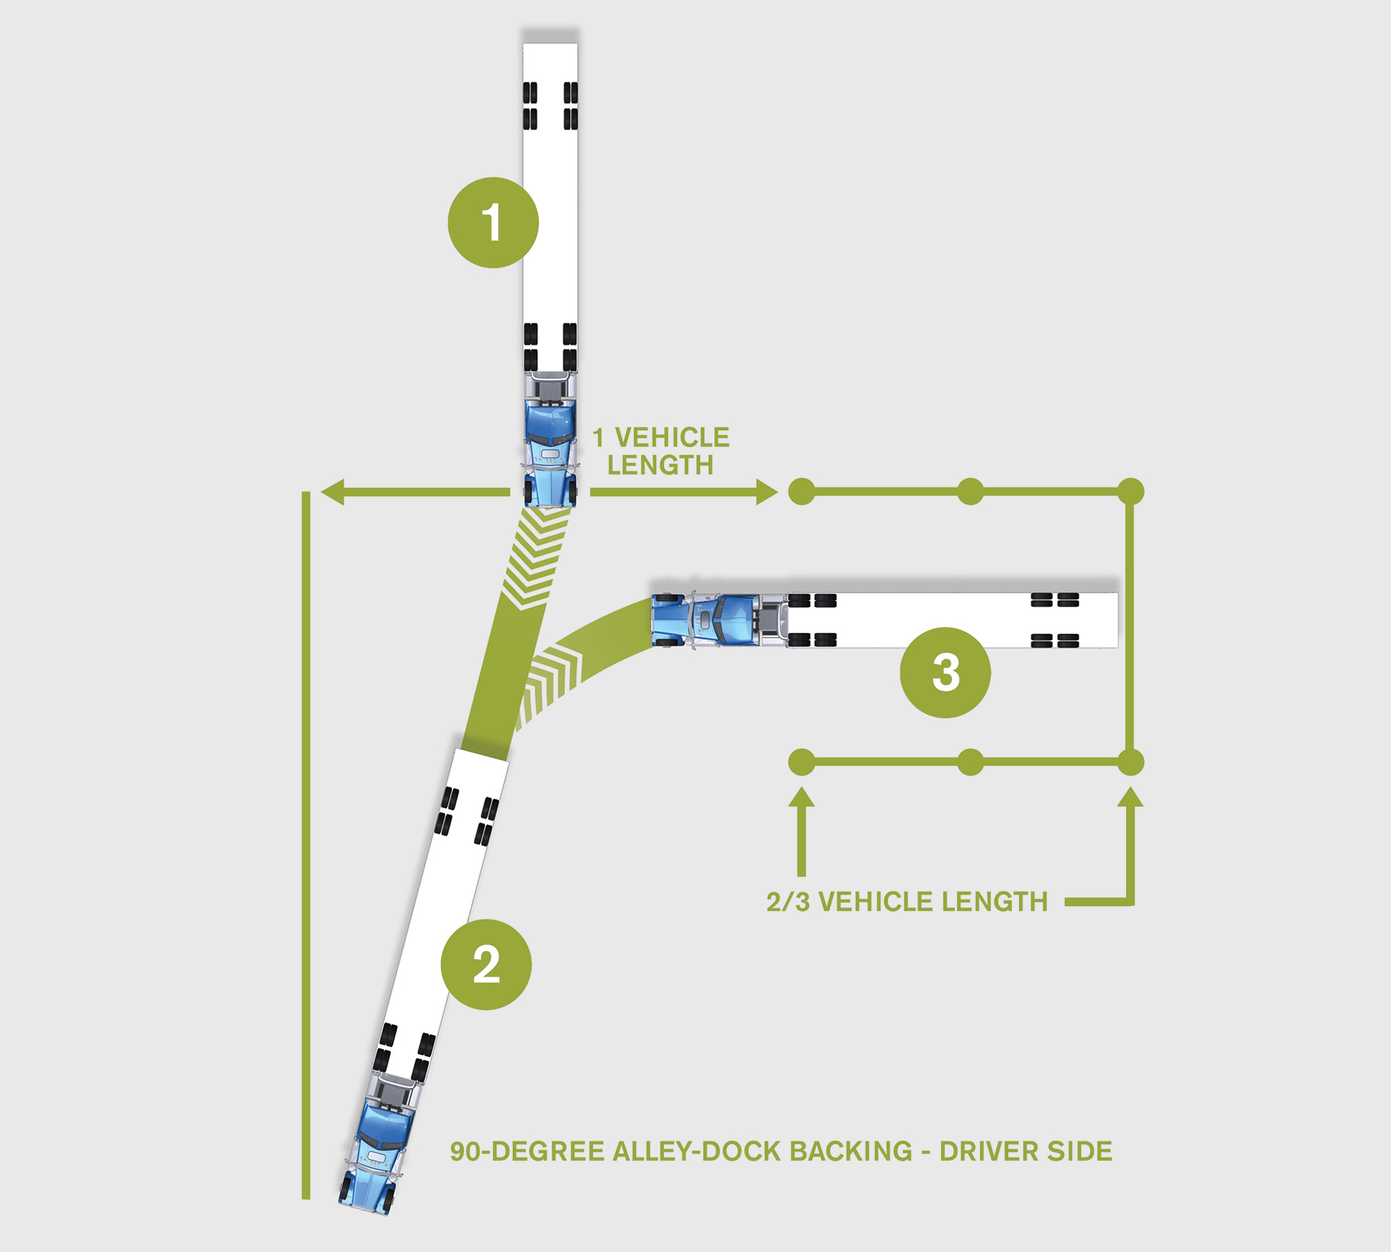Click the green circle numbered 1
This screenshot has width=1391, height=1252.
click(x=493, y=223)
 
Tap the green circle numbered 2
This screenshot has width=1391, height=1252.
click(x=486, y=965)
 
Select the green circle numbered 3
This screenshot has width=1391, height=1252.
click(x=945, y=673)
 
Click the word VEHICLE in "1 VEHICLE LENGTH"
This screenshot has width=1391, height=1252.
click(x=672, y=438)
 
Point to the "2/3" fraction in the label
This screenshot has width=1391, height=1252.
click(x=787, y=901)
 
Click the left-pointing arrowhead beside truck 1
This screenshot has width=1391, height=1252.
click(x=332, y=492)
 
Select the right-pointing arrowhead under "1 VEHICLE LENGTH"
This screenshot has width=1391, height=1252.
click(x=766, y=492)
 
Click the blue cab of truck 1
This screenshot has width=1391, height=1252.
click(x=550, y=445)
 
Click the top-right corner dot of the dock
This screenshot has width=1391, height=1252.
click(x=1130, y=492)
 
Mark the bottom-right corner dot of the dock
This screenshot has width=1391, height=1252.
click(x=1130, y=762)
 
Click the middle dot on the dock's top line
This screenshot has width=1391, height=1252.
click(x=970, y=492)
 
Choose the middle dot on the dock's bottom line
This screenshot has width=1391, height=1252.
click(x=970, y=762)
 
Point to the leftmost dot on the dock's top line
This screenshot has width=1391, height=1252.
click(x=802, y=492)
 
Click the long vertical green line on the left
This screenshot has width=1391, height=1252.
click(x=306, y=835)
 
